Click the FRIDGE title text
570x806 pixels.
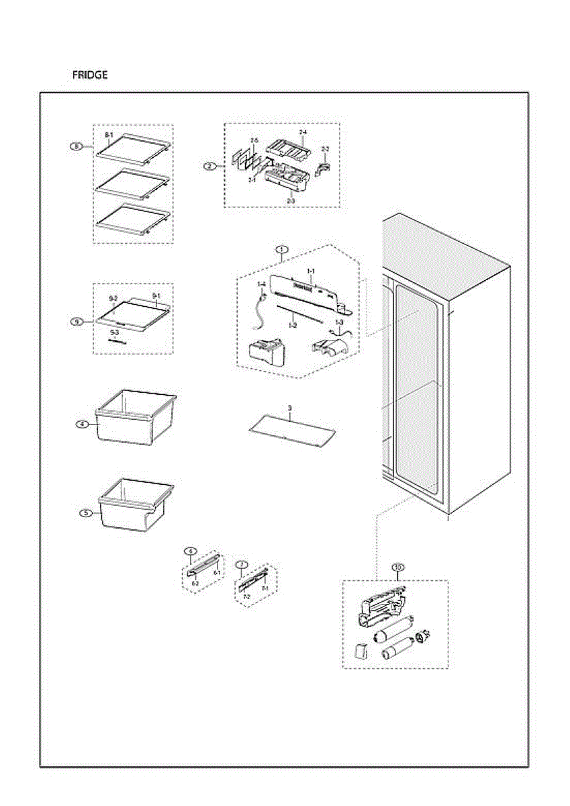pos(90,75)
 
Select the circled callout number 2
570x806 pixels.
pos(210,166)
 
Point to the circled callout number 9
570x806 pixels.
pos(77,322)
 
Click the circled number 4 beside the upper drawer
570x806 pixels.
pos(81,424)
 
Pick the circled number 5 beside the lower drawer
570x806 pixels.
pos(85,513)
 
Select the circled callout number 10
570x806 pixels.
pos(398,568)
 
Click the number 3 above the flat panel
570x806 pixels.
pos(289,408)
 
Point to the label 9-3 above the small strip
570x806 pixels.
pos(114,332)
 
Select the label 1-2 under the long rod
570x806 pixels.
pos(293,325)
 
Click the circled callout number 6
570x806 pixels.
pos(191,551)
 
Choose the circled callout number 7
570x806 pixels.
pos(240,564)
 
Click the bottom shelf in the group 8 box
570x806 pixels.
pos(132,220)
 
